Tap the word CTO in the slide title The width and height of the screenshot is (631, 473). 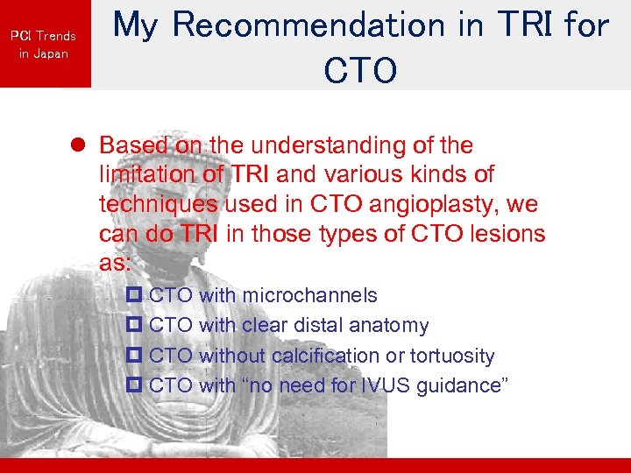coord(359,71)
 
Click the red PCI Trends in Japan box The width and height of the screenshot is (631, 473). coord(45,44)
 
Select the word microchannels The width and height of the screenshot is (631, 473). coord(309,295)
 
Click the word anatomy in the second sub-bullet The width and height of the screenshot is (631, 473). coord(389,326)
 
